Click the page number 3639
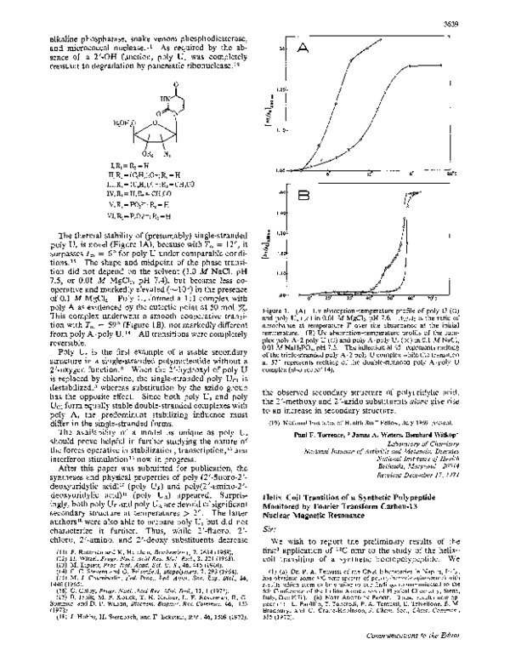tap(479, 12)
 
